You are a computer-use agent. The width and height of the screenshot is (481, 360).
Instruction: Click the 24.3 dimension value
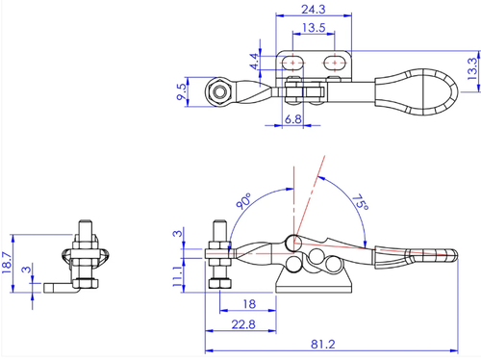pyautogui.click(x=314, y=10)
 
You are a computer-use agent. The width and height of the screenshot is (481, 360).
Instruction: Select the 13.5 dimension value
pyautogui.click(x=314, y=28)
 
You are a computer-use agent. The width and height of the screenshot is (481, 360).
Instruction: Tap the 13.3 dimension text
pyautogui.click(x=472, y=68)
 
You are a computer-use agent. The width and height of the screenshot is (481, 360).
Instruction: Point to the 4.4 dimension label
pyautogui.click(x=255, y=62)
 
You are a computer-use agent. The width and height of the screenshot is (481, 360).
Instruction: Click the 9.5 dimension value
pyautogui.click(x=182, y=91)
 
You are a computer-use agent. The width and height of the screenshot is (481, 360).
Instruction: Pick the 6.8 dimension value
pyautogui.click(x=293, y=119)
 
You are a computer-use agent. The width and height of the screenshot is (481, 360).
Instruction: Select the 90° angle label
pyautogui.click(x=243, y=201)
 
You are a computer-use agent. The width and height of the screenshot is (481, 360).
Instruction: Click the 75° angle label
pyautogui.click(x=361, y=202)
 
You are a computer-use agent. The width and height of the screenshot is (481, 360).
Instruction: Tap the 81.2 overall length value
pyautogui.click(x=323, y=345)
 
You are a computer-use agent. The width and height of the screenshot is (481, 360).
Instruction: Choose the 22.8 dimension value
pyautogui.click(x=243, y=324)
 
